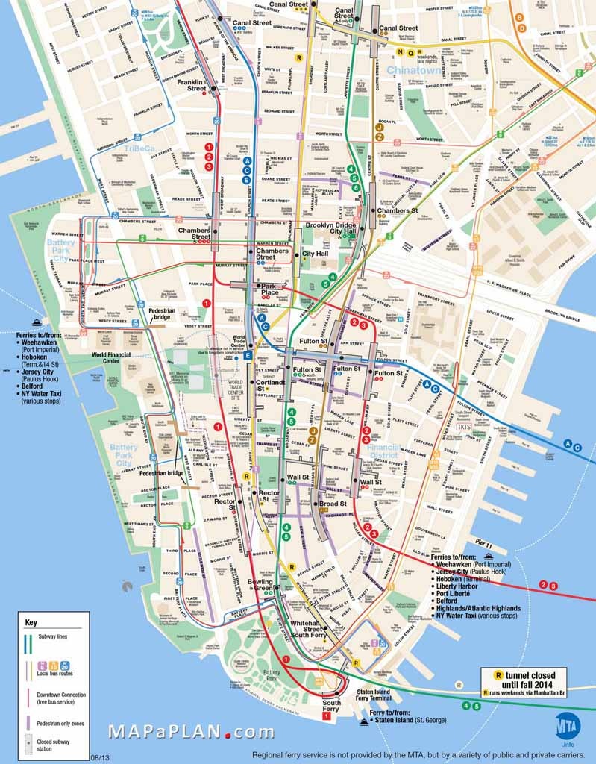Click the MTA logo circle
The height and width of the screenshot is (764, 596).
[566, 726]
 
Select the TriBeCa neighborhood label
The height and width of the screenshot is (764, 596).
[139, 149]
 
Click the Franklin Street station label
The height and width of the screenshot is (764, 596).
[192, 85]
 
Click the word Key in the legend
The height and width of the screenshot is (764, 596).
[31, 622]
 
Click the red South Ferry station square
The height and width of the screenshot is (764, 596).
[326, 716]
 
